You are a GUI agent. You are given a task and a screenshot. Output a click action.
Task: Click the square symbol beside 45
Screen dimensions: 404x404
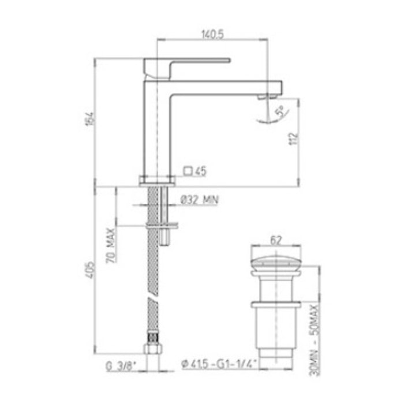click(188, 170)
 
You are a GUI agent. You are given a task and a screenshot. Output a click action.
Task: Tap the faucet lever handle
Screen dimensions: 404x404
click(188, 61)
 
